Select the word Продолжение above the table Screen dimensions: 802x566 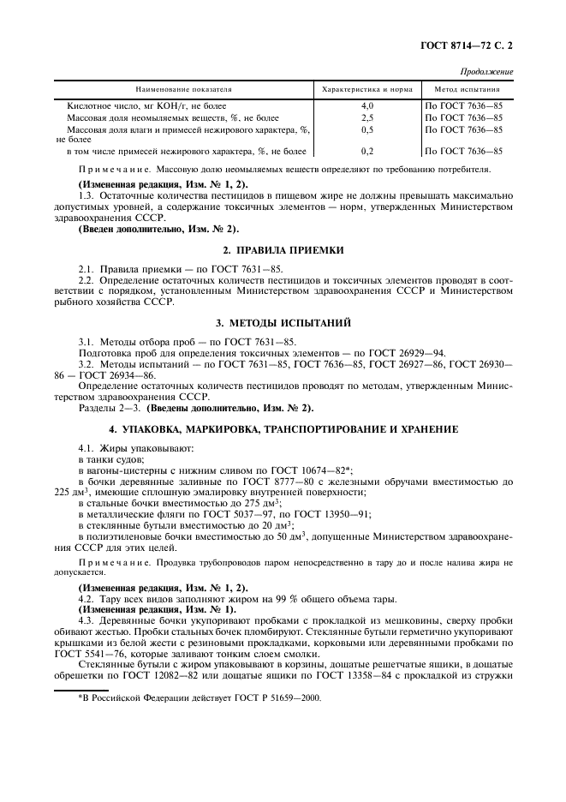tap(487, 71)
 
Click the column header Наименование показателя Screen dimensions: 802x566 tap(183, 89)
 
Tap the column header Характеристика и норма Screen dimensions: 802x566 tap(367, 89)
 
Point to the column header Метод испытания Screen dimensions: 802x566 tap(468, 89)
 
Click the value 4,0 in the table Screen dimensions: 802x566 tap(367, 105)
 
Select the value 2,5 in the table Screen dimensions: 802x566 tap(367, 117)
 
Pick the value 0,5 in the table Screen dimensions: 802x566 tap(367, 129)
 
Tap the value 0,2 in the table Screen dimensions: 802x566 tap(367, 151)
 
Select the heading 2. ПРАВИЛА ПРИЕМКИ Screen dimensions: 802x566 tap(283, 250)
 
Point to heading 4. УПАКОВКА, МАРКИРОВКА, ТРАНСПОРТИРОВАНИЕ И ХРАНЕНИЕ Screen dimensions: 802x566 tap(283, 428)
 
